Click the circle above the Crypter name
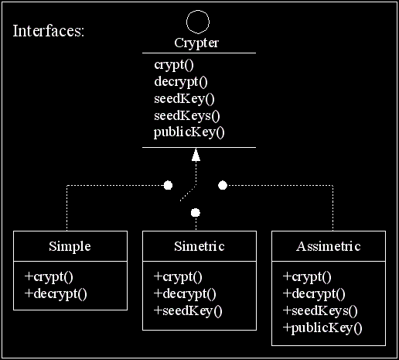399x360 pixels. [x=198, y=11]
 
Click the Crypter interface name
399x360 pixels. [x=196, y=43]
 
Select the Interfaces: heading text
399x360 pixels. [x=49, y=31]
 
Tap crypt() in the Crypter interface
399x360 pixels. [x=174, y=65]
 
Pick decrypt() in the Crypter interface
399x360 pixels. [x=181, y=82]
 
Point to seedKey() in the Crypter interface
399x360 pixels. [x=184, y=99]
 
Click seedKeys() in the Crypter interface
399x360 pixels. [x=187, y=116]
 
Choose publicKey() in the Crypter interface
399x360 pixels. [x=189, y=132]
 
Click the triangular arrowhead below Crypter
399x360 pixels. [x=196, y=155]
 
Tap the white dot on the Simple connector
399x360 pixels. [x=168, y=185]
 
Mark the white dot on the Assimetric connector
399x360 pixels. [x=223, y=185]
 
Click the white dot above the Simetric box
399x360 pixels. [x=196, y=213]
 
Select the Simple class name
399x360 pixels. [x=70, y=247]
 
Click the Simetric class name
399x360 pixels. [x=199, y=246]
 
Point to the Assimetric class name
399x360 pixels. [x=329, y=246]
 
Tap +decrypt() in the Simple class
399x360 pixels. [x=56, y=294]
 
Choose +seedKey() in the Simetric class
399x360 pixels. [x=188, y=310]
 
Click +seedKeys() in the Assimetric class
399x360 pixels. [x=320, y=310]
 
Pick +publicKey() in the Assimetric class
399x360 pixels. [x=322, y=328]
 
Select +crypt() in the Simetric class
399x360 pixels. [x=178, y=277]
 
